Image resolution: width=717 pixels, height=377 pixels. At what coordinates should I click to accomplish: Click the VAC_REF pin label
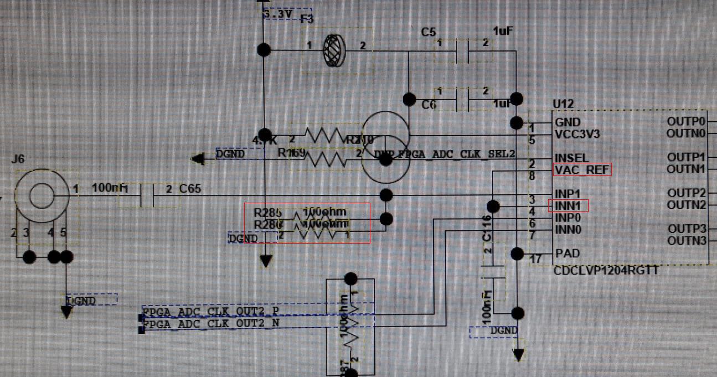point(581,170)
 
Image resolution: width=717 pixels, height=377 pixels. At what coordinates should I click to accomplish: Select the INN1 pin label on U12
point(568,206)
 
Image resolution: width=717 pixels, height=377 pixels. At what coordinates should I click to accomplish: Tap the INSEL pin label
point(571,158)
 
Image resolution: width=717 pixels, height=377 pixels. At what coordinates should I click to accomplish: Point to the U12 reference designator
point(563,104)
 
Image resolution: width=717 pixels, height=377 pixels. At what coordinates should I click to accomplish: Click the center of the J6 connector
point(40,195)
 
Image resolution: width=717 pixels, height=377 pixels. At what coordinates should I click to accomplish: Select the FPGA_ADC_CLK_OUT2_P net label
point(211,312)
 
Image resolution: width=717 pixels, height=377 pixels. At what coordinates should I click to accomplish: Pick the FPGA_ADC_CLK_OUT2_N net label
point(211,322)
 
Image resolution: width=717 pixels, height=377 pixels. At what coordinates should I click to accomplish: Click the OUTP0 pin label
point(687,122)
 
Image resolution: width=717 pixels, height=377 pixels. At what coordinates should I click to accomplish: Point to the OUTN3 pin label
point(687,241)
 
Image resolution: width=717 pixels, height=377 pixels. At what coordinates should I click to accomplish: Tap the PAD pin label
point(567,254)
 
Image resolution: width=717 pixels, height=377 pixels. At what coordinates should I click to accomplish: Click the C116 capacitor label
point(486,228)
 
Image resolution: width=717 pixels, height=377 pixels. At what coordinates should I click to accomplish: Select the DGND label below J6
point(81,301)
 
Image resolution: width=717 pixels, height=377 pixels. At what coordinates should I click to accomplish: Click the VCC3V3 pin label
point(577,134)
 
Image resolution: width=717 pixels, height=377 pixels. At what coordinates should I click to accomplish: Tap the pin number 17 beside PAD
point(536,259)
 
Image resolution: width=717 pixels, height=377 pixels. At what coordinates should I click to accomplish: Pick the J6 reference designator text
point(18,159)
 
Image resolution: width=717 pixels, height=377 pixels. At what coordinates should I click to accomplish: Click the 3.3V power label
point(278,14)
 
